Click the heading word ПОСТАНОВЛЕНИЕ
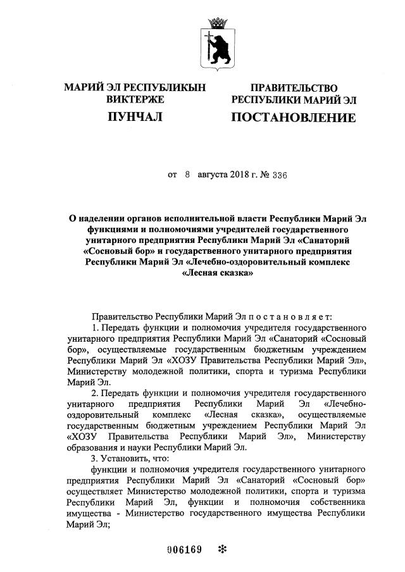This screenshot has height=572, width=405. [x=292, y=118]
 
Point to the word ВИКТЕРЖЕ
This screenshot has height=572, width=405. [x=135, y=99]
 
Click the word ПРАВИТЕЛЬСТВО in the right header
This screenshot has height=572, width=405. [x=294, y=88]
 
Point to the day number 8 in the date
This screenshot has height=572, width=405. [x=187, y=173]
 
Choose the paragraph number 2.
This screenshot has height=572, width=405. [x=95, y=393]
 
